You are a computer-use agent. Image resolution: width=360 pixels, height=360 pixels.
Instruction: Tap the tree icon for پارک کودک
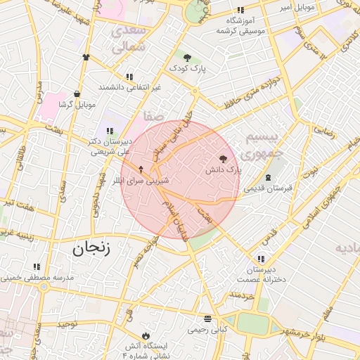pyautogui.click(x=186, y=58)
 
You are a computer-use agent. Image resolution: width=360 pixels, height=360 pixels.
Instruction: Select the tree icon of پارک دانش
pyautogui.click(x=224, y=160)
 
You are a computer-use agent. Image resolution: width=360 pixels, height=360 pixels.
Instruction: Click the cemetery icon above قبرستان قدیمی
pyautogui.click(x=268, y=177)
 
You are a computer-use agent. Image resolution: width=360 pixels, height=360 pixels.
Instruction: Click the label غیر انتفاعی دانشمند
pyautogui.click(x=129, y=86)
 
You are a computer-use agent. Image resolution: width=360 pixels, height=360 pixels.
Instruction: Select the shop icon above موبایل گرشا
pyautogui.click(x=76, y=94)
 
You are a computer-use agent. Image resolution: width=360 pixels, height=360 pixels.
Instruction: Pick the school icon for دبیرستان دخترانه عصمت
pyautogui.click(x=262, y=259)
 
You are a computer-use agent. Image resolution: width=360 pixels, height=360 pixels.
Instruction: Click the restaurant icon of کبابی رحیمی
pyautogui.click(x=207, y=318)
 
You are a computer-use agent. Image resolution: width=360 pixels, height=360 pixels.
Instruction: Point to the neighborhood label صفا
pyautogui.click(x=153, y=115)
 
